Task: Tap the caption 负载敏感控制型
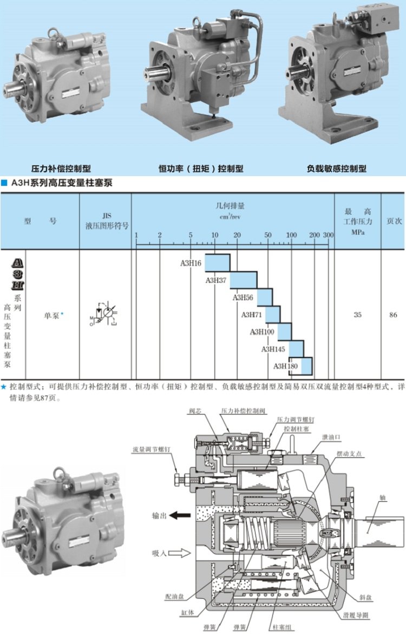[336, 169]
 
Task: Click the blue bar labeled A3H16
[217, 263]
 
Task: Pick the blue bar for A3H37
[243, 280]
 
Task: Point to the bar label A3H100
[262, 332]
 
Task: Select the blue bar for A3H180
[306, 366]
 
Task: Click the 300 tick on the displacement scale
[328, 235]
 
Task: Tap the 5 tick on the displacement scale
[191, 235]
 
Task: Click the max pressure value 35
[357, 314]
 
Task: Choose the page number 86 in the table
[393, 314]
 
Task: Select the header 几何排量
[233, 206]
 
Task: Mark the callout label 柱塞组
[279, 627]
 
